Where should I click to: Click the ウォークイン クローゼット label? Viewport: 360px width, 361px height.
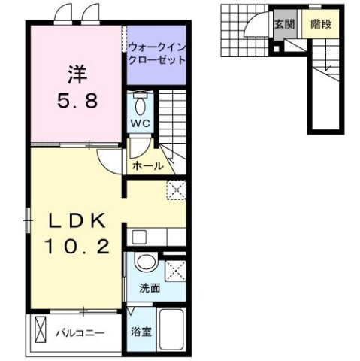point(156,53)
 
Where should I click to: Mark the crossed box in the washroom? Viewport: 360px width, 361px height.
point(174,268)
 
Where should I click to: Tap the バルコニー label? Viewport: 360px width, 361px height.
point(78,331)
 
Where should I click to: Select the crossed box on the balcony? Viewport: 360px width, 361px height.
point(41,330)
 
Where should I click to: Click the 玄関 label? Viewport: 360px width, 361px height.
point(283,24)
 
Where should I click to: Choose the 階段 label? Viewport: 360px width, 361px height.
point(321,24)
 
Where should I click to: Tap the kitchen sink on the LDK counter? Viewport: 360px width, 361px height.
point(138,237)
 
